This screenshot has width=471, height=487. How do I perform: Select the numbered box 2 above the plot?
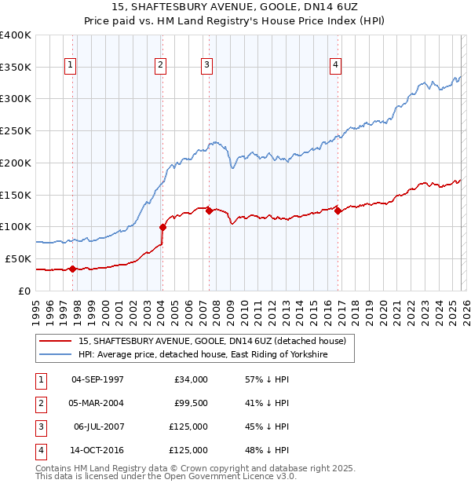pos(160,65)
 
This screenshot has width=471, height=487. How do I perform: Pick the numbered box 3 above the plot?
pos(207,65)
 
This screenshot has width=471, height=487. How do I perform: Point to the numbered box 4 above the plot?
pos(335,65)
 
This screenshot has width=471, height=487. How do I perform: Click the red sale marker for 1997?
pos(72,269)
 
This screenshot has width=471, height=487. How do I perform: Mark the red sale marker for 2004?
pos(162,227)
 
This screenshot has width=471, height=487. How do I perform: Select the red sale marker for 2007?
pos(209,211)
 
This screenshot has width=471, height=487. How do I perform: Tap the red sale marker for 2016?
pos(338,211)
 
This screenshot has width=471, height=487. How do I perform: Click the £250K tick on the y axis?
pos(16,130)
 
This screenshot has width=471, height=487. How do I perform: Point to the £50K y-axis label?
pos(18,258)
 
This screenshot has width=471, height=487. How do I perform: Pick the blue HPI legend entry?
pos(203,355)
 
